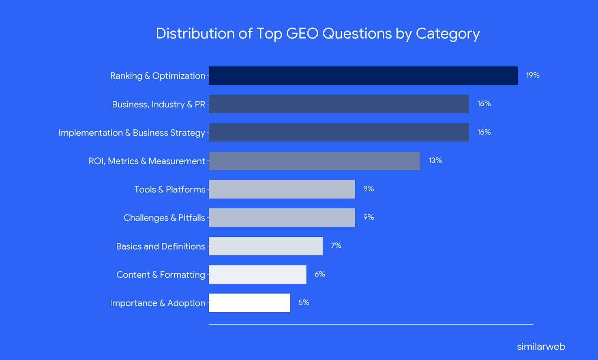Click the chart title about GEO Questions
(318, 34)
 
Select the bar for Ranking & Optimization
(363, 76)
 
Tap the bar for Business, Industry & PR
(339, 104)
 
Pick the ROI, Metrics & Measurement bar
(314, 161)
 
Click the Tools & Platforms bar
(282, 189)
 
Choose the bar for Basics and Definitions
(266, 246)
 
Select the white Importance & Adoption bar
(249, 303)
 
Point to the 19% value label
(533, 75)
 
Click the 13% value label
(435, 161)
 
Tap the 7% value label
(336, 246)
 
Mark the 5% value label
(304, 302)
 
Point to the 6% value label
(320, 274)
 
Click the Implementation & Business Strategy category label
(132, 133)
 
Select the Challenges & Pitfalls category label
(164, 218)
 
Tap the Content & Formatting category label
(161, 275)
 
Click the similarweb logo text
(541, 347)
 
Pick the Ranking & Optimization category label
(158, 76)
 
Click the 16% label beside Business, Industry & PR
(484, 104)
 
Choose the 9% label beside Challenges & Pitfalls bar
(369, 217)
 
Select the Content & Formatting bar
(257, 274)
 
